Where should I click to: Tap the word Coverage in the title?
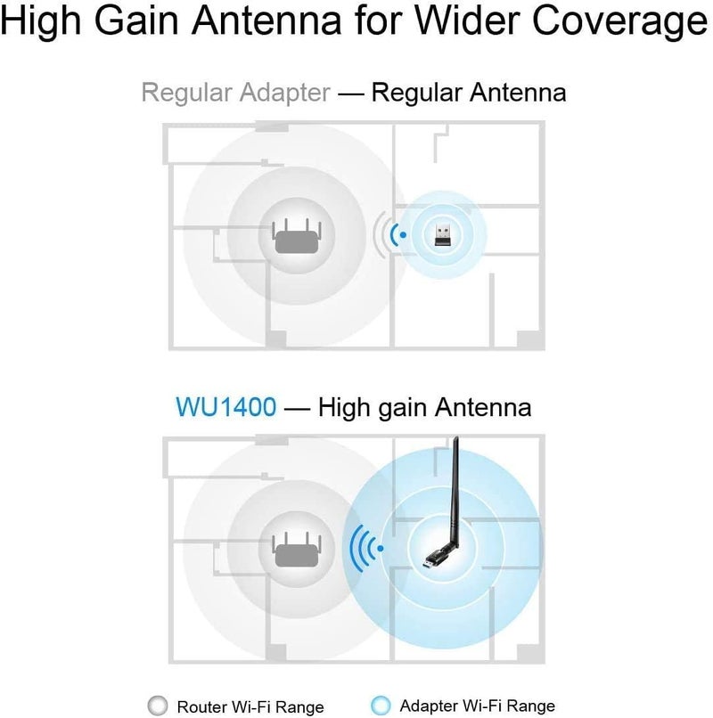pos(620,22)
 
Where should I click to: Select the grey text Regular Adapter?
pos(235,94)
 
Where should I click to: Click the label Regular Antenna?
pos(469,93)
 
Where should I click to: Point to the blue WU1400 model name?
pos(226,406)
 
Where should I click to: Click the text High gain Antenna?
pos(425,407)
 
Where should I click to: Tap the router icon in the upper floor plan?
pos(297,235)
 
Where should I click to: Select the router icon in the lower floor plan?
pos(297,549)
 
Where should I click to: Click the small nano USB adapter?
pos(442,234)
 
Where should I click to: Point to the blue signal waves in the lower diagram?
pos(365,548)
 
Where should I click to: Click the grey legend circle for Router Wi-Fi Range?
pos(158,706)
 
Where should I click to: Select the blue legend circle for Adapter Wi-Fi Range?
pos(381,706)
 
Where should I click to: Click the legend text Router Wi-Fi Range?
pos(250,706)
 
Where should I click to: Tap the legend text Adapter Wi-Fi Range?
pos(477,706)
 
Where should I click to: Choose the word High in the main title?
pos(41,22)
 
